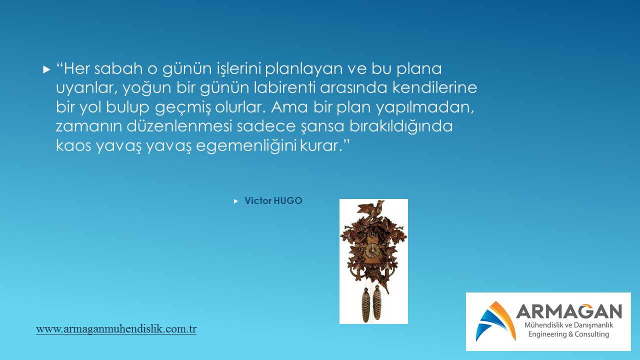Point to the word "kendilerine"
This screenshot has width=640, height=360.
click(x=434, y=87)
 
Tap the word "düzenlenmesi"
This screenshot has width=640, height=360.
click(x=179, y=126)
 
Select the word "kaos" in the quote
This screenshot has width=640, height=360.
click(x=73, y=145)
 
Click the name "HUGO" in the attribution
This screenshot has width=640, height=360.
click(x=287, y=201)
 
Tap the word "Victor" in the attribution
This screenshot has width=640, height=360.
click(x=257, y=201)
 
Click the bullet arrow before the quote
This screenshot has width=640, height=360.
click(x=46, y=69)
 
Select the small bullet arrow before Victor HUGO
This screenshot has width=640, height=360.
click(x=236, y=201)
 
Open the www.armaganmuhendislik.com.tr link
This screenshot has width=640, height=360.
click(x=116, y=329)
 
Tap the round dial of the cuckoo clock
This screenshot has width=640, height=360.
click(x=372, y=250)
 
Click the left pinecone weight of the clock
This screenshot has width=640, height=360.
click(x=365, y=305)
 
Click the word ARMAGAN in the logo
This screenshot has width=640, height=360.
click(x=569, y=311)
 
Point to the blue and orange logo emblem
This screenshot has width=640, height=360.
click(x=495, y=321)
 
